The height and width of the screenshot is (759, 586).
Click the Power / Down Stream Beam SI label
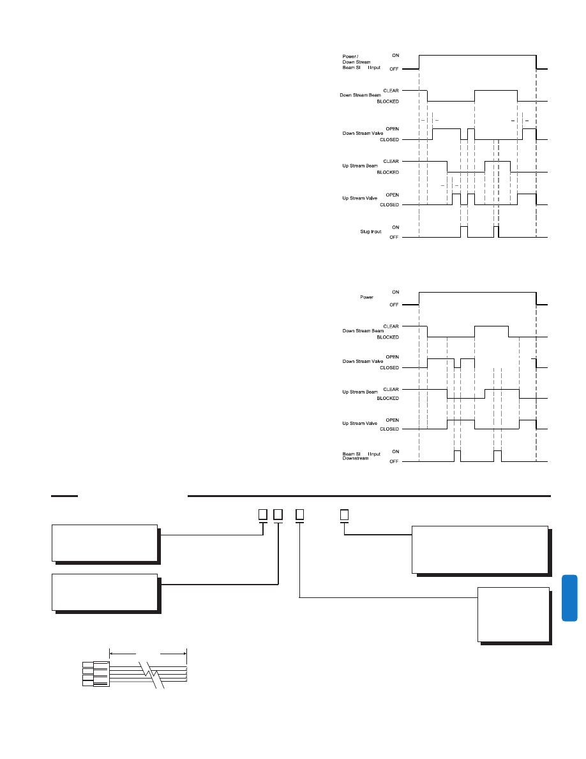coord(361,61)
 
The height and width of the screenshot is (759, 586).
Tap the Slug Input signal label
coord(370,231)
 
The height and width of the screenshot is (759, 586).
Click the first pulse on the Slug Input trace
coord(464,231)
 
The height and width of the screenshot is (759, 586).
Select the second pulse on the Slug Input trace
coord(496,231)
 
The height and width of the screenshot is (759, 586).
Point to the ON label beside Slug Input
coord(395,226)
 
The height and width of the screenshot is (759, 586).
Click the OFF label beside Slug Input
coord(395,237)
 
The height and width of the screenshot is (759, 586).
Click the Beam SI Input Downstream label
coord(361,456)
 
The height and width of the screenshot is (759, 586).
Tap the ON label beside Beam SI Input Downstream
coord(395,451)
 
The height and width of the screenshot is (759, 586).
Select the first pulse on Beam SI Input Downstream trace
coord(457,455)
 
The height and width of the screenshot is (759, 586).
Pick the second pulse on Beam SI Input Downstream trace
coord(498,455)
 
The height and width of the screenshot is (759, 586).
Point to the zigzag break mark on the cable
coord(153,674)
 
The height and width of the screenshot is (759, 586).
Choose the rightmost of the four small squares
coord(344,514)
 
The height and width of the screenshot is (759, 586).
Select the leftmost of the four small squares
coord(262,514)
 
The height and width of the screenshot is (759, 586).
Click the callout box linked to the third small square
coord(513,613)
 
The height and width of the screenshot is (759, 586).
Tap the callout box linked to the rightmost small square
coord(479,549)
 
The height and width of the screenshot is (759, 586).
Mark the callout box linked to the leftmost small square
coord(105,543)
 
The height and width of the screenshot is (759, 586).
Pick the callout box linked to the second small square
coord(105,592)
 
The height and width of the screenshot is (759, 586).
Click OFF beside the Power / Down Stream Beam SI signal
coord(395,68)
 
